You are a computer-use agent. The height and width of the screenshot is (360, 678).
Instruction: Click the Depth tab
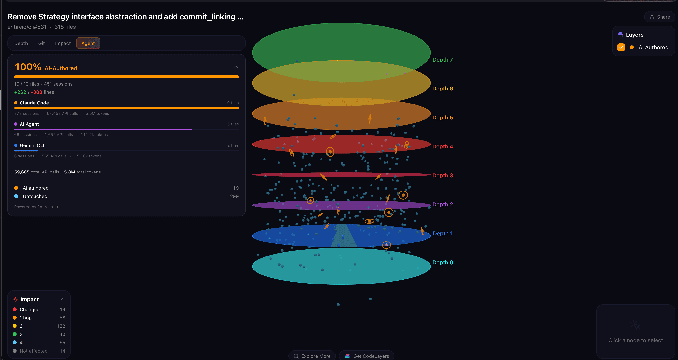coord(21,43)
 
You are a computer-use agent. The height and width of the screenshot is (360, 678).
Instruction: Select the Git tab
coord(41,43)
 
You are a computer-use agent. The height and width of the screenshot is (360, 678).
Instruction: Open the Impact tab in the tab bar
coord(63,43)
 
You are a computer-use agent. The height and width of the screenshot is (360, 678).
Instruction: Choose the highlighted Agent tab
coord(88,43)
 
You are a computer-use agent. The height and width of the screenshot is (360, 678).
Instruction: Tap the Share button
coord(660,17)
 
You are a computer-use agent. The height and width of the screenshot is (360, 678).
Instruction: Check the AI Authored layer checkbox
coord(621,47)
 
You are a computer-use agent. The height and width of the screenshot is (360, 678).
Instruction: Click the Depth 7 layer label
coord(443,60)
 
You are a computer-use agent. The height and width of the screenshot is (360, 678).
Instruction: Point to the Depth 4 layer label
coord(443,146)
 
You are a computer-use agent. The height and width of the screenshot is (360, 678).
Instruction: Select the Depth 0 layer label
coord(443,262)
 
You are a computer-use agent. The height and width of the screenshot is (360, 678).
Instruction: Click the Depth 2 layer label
coord(443,204)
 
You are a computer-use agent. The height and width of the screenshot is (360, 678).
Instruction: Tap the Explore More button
coord(312,356)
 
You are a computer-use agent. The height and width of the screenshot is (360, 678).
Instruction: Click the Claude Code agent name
coord(34,103)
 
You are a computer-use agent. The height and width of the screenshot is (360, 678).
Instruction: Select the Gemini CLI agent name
coord(32,145)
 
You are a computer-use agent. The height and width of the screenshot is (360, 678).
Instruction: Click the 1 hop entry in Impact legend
coord(25,318)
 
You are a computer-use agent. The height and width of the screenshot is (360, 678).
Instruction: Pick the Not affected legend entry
coord(33,351)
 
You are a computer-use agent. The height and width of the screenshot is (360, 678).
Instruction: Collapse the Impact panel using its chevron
coord(63,299)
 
